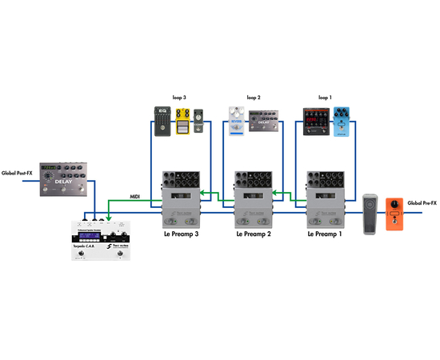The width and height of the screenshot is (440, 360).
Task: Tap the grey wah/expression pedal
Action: click(369, 214)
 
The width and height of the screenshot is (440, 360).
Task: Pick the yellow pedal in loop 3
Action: click(183, 122)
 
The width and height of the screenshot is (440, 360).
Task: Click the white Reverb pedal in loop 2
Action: click(235, 120)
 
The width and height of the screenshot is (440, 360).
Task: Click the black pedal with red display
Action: click(316, 120)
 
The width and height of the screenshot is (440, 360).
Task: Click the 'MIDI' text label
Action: click(136, 196)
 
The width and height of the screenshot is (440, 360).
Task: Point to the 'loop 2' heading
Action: click(253, 98)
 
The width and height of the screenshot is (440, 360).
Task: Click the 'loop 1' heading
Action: click(324, 98)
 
